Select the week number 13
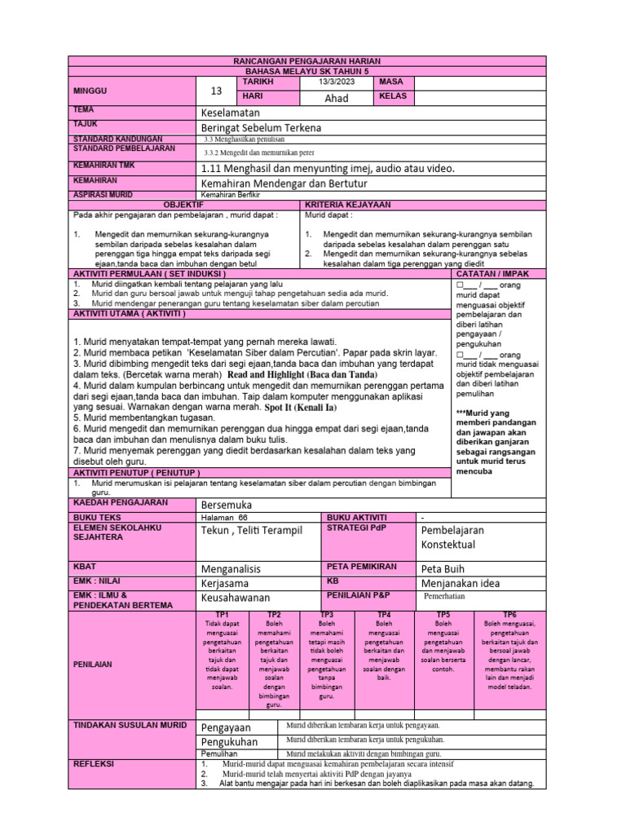click(216, 91)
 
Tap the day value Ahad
click(337, 98)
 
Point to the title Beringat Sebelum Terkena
click(261, 127)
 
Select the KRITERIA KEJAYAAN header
click(348, 204)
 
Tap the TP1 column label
click(221, 614)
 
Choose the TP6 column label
click(509, 614)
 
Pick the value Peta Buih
click(446, 568)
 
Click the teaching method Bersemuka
click(227, 505)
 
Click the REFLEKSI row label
click(95, 764)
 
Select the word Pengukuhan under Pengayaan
click(229, 741)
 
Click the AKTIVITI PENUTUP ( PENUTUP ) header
click(137, 472)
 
